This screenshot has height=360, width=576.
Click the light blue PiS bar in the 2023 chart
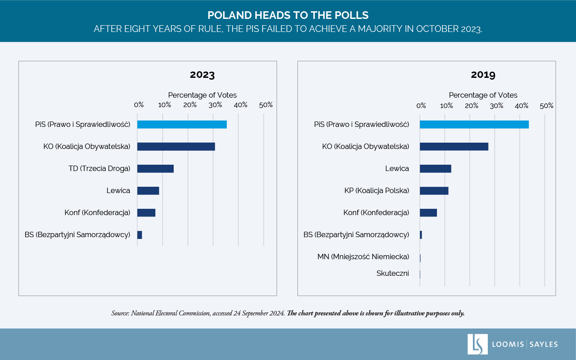click(x=182, y=125)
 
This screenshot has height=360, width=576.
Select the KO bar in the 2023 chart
click(x=176, y=146)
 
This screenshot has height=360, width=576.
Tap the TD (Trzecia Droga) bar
click(x=155, y=169)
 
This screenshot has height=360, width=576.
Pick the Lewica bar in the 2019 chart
click(x=435, y=169)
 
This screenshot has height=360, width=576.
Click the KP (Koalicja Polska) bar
click(x=434, y=191)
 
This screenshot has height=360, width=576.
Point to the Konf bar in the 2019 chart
click(x=428, y=213)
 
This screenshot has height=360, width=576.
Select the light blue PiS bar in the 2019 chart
click(x=474, y=125)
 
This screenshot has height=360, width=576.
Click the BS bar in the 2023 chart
click(x=139, y=235)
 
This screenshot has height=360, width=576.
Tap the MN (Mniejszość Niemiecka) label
click(x=363, y=257)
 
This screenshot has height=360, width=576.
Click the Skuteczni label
click(x=392, y=273)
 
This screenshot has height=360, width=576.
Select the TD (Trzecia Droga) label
click(x=99, y=169)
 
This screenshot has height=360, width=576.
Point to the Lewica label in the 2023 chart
click(x=118, y=191)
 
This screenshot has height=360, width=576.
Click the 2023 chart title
click(x=202, y=75)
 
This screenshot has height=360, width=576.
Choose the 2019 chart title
click(x=483, y=75)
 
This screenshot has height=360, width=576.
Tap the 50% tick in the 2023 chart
click(x=266, y=105)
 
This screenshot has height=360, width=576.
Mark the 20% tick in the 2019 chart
click(x=471, y=106)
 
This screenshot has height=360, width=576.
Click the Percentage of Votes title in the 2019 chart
click(x=483, y=95)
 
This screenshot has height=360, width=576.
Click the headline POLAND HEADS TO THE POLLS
click(x=288, y=15)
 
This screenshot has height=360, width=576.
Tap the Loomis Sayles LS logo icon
click(x=477, y=344)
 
